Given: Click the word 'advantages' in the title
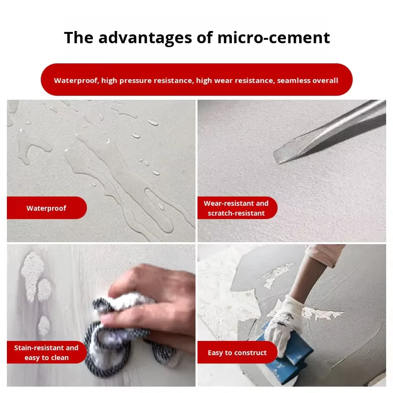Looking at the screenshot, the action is click(x=145, y=38).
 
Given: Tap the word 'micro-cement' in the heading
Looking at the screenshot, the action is click(x=274, y=38).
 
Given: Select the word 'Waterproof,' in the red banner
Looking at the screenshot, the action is click(x=77, y=81).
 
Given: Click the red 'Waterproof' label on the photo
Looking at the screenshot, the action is click(x=47, y=208).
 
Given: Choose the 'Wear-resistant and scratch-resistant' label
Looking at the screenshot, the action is click(x=237, y=208).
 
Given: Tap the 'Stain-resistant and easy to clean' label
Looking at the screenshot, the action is click(x=47, y=352).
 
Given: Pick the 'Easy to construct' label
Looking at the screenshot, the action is click(x=237, y=352).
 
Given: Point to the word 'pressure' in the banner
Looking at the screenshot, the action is click(x=136, y=81).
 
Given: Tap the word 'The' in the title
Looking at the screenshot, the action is click(x=79, y=38).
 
